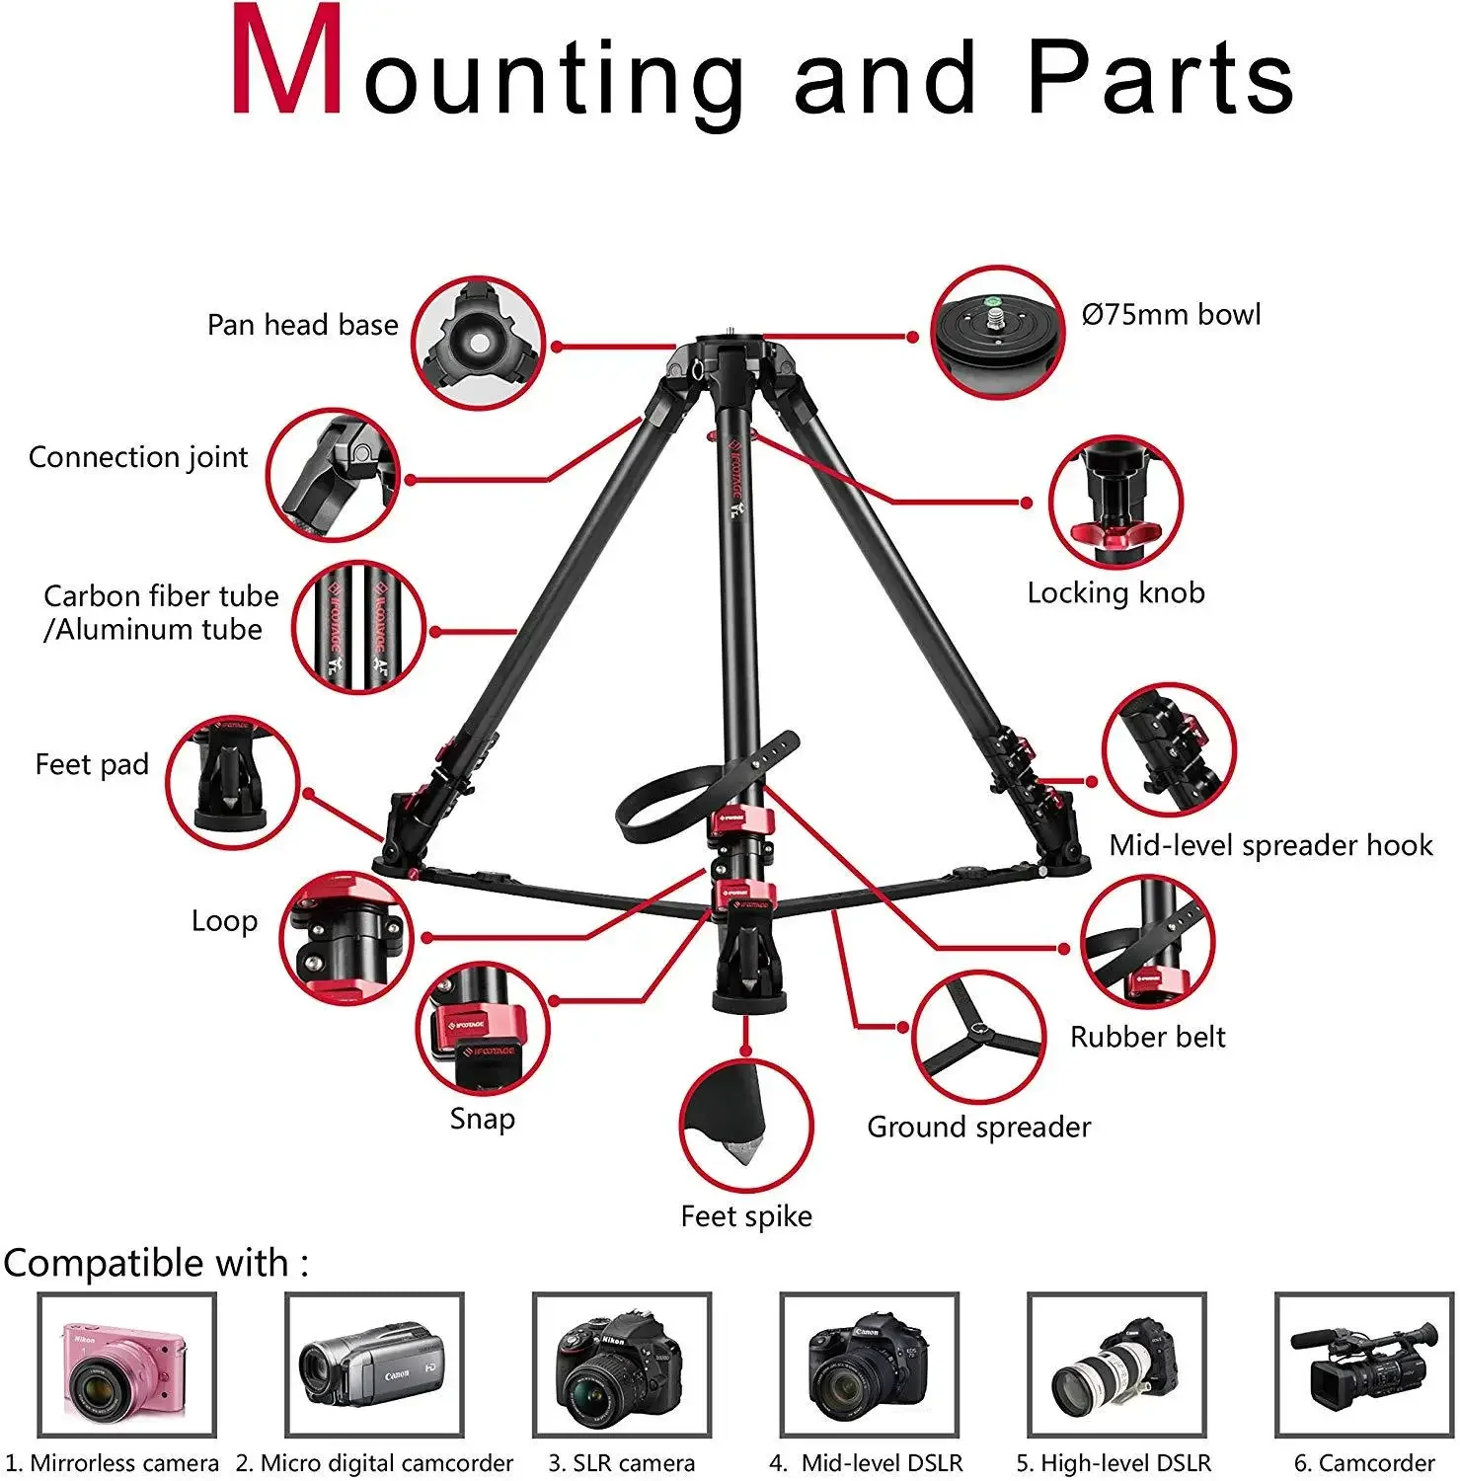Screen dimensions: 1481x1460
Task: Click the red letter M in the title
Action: coord(287,64)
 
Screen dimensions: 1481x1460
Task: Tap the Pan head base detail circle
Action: coord(478,344)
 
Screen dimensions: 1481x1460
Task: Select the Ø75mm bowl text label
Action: coord(1171,315)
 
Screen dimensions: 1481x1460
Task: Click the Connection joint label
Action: coord(138,457)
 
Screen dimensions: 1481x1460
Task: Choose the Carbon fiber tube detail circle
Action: coord(358,628)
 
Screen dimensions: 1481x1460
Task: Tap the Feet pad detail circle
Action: coord(232,784)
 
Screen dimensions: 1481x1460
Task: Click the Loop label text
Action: coord(224,921)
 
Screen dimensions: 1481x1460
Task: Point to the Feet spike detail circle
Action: coord(745,1127)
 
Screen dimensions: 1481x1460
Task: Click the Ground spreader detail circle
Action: coord(978,1037)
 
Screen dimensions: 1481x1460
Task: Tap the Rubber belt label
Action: coord(1147,1037)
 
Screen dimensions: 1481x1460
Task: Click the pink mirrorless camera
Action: coord(126,1365)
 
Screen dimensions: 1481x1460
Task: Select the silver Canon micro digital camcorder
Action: coord(374,1365)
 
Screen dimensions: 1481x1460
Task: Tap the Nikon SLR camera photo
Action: coord(621,1365)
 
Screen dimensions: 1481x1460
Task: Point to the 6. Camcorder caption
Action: coord(1363,1462)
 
